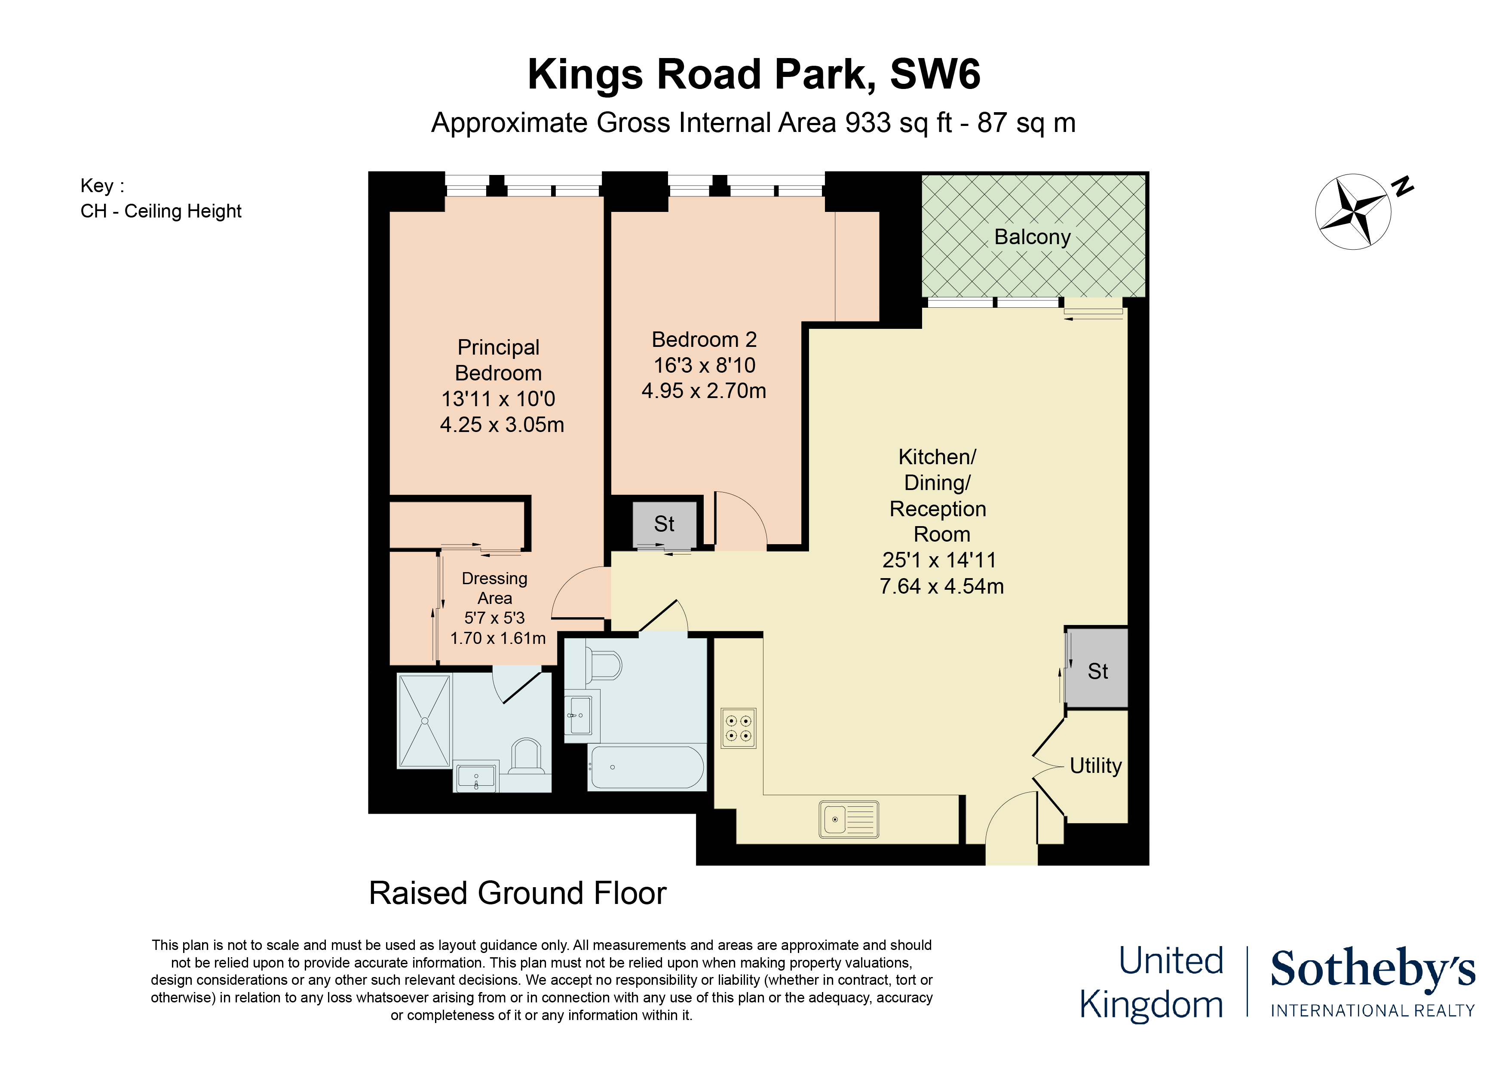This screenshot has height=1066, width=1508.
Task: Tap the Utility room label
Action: pyautogui.click(x=1095, y=766)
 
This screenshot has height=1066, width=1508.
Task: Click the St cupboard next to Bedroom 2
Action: pyautogui.click(x=664, y=524)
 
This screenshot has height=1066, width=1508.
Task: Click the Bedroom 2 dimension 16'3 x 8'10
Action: pyautogui.click(x=704, y=365)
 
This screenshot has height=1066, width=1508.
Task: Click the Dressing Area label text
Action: pyautogui.click(x=494, y=588)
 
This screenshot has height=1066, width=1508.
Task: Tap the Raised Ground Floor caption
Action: pyautogui.click(x=518, y=893)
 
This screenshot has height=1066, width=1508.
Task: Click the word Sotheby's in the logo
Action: pyautogui.click(x=1372, y=969)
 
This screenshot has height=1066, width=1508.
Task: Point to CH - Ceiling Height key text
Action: pyautogui.click(x=161, y=211)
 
